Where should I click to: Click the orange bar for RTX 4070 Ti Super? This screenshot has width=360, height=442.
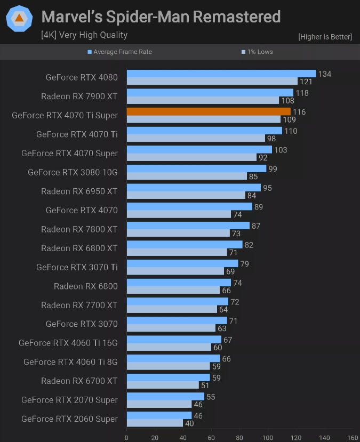209,111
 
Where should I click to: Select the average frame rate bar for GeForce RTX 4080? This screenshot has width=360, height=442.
221,74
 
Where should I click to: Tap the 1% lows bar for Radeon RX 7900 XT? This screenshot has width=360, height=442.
203,100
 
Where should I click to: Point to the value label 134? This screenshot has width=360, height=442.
324,74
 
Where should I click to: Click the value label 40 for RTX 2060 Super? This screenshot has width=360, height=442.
189,423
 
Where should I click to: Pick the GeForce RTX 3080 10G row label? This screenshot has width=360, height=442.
73,172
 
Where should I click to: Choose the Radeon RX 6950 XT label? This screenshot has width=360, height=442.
79,191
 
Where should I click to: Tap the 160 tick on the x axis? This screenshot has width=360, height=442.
353,437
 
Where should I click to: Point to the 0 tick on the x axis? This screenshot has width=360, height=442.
126,437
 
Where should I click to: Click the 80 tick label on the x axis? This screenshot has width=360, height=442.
239,437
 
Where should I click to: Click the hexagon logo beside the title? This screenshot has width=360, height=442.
19,19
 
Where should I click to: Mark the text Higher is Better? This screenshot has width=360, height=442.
325,37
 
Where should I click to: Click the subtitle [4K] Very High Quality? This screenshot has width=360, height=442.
84,35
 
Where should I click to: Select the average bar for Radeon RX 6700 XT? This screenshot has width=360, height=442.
168,377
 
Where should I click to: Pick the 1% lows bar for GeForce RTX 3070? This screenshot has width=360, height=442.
171,328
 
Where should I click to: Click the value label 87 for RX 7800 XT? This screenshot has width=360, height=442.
256,226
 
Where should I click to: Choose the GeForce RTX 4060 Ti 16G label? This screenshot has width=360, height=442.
68,343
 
